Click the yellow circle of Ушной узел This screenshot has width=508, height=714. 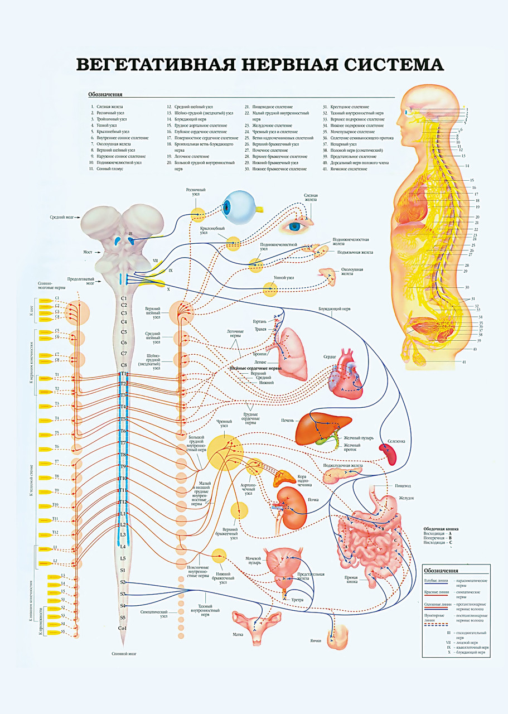tap(270, 288)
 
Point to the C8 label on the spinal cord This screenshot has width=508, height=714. tap(123, 365)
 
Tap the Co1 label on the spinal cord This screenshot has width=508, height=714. tap(123, 629)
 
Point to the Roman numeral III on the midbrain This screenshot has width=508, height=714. tap(130, 233)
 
